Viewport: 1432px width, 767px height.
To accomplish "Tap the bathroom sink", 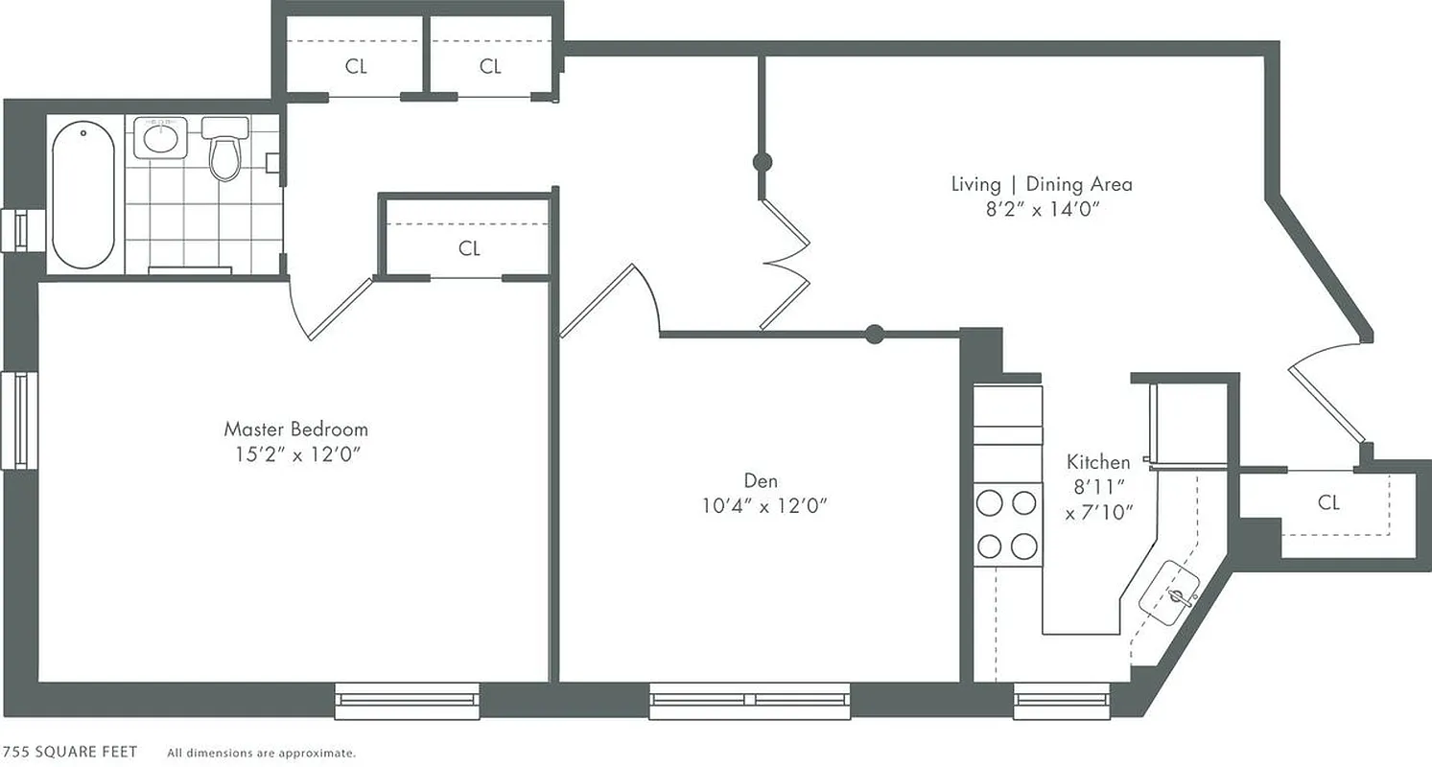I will click(x=159, y=138).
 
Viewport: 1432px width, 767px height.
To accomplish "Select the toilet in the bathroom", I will click(x=224, y=151).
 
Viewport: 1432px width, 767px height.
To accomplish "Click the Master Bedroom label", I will click(x=295, y=429).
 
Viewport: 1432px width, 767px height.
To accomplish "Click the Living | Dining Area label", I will click(x=1041, y=183).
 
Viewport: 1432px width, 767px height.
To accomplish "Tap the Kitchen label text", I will click(x=1098, y=462).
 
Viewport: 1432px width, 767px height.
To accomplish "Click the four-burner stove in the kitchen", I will click(x=1007, y=524).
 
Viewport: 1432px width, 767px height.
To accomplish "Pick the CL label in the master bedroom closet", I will click(x=469, y=248).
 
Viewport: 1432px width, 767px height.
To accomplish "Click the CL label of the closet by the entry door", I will click(x=1327, y=502).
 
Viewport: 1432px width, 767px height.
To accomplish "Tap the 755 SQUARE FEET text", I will click(x=69, y=752).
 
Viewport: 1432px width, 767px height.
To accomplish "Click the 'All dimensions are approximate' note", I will click(x=261, y=753).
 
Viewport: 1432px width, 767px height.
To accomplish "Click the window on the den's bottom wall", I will click(x=750, y=700).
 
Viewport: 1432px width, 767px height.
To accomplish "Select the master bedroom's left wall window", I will click(x=19, y=420).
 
